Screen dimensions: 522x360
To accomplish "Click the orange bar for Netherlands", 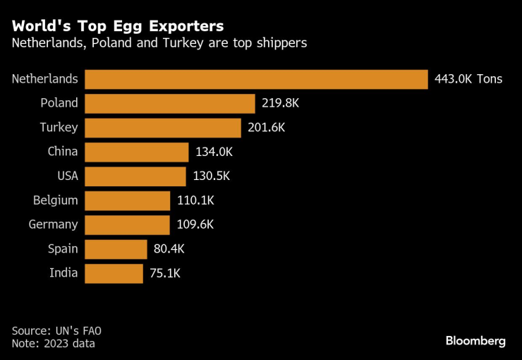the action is (x=256, y=79).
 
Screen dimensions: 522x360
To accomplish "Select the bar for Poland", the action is (x=170, y=104).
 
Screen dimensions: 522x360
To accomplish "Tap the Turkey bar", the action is (x=163, y=128).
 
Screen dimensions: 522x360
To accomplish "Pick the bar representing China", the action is (x=136, y=152).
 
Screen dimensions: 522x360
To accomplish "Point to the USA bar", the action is (x=135, y=176).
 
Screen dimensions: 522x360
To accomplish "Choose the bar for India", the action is (x=114, y=274).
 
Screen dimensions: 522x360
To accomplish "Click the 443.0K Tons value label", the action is (x=468, y=79).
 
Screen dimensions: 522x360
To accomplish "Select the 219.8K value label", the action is (x=280, y=103).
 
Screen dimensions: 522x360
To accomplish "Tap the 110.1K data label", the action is (x=196, y=200).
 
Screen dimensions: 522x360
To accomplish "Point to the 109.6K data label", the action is (x=195, y=224).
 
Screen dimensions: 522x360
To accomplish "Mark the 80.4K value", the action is (x=169, y=249).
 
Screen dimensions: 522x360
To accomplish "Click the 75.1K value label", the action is (x=165, y=273).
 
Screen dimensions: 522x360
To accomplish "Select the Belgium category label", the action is (x=56, y=200).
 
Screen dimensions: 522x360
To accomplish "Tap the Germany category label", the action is (x=54, y=224).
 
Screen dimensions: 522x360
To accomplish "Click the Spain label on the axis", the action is (x=63, y=249).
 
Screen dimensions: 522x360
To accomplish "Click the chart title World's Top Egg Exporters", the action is (x=118, y=26).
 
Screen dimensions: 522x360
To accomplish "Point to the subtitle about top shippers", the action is (x=159, y=43).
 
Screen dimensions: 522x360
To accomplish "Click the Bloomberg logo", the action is (x=475, y=342).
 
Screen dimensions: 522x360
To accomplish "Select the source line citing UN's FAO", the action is (x=56, y=331).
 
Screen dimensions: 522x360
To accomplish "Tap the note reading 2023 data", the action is (x=54, y=343).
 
